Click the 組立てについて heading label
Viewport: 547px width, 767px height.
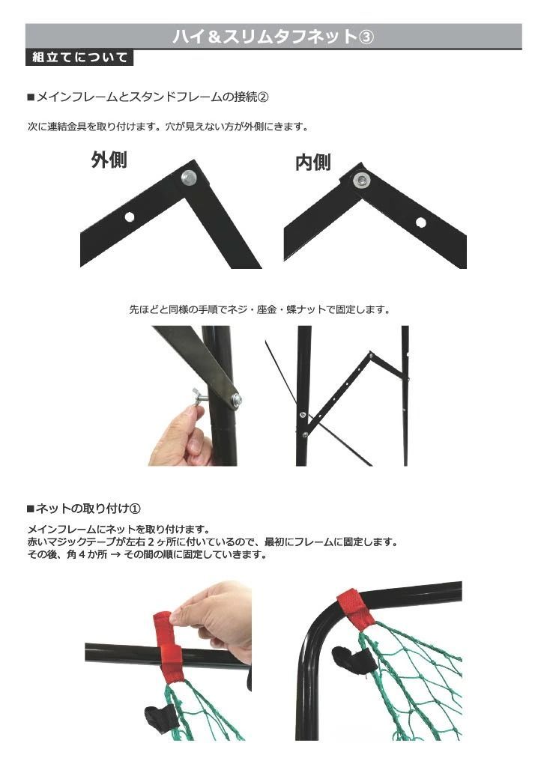pyautogui.click(x=79, y=58)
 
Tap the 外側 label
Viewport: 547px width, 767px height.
pyautogui.click(x=109, y=160)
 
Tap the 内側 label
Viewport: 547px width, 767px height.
pyautogui.click(x=313, y=163)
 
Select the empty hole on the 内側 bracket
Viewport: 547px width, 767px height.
pyautogui.click(x=421, y=222)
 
